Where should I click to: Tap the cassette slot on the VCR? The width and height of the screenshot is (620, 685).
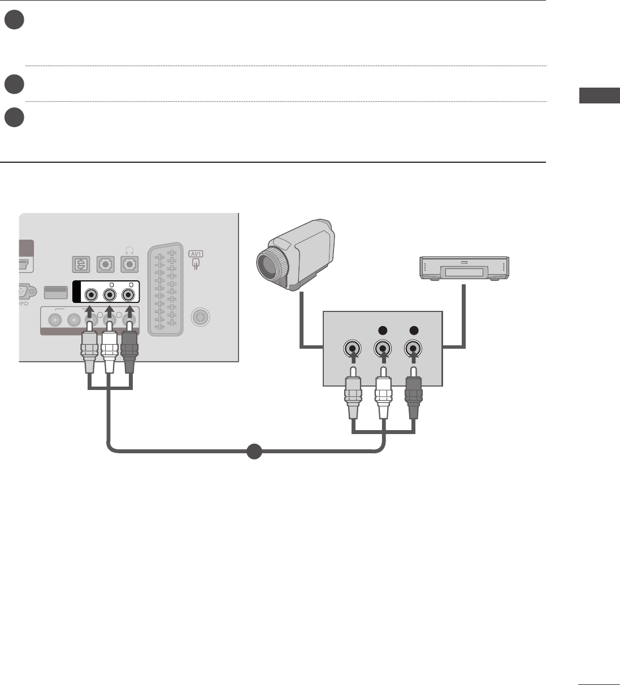click(464, 273)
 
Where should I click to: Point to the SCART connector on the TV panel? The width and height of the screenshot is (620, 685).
click(165, 289)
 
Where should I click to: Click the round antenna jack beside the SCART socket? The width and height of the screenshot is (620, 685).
click(199, 317)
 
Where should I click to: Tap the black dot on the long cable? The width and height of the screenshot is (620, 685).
click(254, 452)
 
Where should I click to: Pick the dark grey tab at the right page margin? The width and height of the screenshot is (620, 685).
click(599, 96)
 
